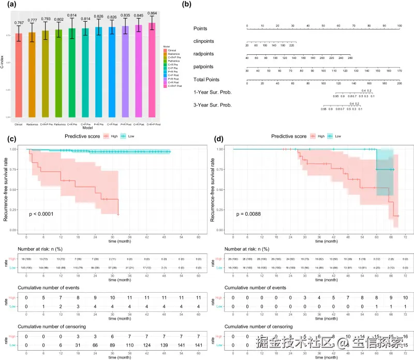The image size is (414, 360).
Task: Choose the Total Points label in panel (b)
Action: click(206, 80)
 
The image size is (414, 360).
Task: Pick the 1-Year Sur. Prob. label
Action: click(212, 92)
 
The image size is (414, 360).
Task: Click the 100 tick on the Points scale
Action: click(399, 25)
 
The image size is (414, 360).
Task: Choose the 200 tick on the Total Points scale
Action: click(399, 83)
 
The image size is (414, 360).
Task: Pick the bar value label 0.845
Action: click(138, 16)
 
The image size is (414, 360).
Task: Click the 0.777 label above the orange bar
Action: click(32, 21)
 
